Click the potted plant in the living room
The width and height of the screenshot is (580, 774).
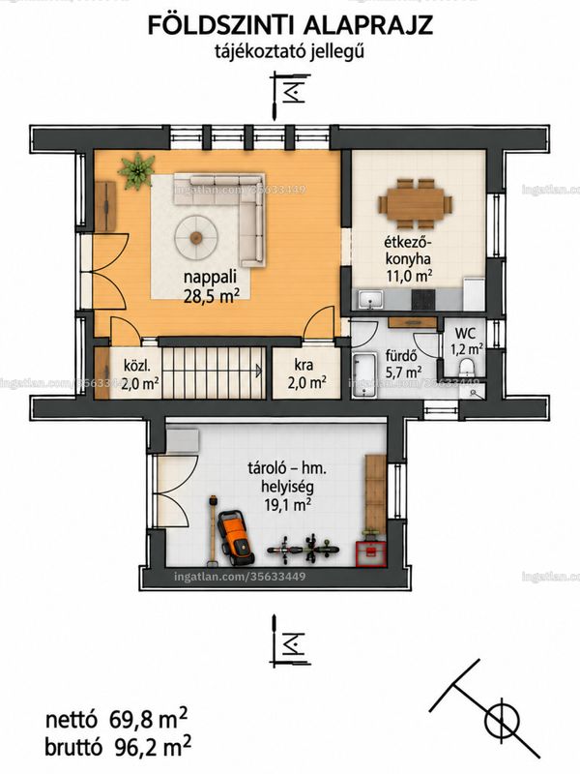point(136,171)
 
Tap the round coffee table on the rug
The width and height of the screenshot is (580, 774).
point(197,237)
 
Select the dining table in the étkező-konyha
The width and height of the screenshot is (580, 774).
point(416,204)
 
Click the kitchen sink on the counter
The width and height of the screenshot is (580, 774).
point(371,299)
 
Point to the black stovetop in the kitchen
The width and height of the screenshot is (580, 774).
point(423,299)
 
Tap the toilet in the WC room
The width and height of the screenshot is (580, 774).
point(466,368)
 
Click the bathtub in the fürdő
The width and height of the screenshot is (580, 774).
point(364,373)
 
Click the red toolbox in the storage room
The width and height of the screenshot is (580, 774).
point(371,553)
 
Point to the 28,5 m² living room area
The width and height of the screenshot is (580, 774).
point(212,297)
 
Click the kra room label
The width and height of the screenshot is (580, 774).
point(304,366)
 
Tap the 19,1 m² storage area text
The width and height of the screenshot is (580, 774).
point(286,504)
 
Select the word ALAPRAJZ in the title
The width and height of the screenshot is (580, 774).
point(368,26)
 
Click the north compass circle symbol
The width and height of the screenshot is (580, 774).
point(502,723)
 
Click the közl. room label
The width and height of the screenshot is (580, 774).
point(136,367)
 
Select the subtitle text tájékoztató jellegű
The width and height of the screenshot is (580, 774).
point(289,51)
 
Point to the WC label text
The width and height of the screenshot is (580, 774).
point(465,332)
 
